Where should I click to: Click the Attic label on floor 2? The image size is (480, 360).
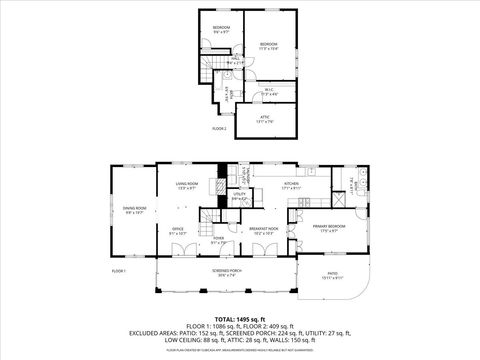(x=265, y=119)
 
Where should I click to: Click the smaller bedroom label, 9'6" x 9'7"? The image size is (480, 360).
(x=221, y=29)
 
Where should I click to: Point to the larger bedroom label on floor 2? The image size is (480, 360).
(x=269, y=45)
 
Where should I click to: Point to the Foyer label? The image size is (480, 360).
(x=219, y=240)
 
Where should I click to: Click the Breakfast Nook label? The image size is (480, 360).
(x=262, y=231)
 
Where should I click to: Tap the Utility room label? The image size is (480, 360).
(x=239, y=198)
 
